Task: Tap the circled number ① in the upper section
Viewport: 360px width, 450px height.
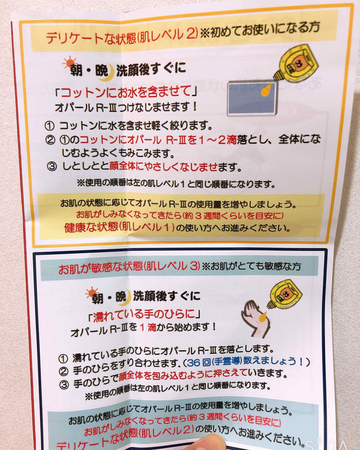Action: [49, 126]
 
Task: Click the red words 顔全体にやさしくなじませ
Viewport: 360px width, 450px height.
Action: [163, 166]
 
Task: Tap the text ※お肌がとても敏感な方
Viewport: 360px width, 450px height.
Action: [252, 266]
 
